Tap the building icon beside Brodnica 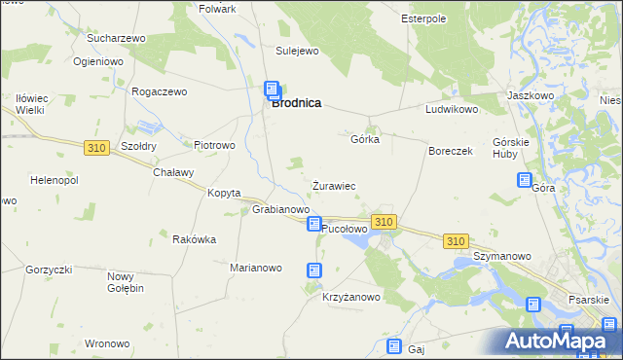(273, 90)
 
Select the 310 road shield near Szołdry (95, 148)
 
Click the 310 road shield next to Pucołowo (384, 222)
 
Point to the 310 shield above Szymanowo (455, 240)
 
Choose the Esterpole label (423, 18)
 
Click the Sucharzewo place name (116, 38)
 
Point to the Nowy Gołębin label (126, 282)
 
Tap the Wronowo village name (107, 343)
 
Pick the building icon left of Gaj (393, 346)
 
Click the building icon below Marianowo (314, 270)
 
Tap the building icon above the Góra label (525, 180)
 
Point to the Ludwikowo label (452, 110)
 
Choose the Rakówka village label (194, 239)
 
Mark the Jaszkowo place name (531, 96)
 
